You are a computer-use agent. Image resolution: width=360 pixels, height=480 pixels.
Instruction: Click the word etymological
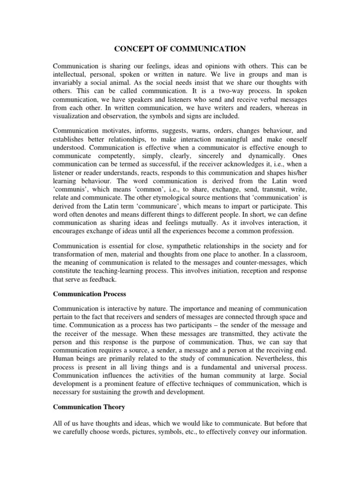click(160, 198)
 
